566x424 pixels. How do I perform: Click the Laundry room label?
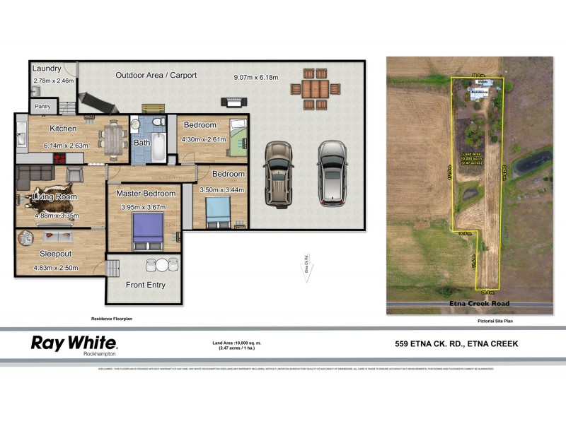click(47, 69)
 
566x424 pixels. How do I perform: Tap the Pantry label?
click(43, 107)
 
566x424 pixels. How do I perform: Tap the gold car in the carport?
click(278, 173)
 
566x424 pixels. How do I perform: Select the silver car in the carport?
click(331, 173)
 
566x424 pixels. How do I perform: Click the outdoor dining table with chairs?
click(315, 89)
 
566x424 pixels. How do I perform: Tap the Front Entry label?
click(146, 285)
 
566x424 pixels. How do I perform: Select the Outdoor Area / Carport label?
click(156, 75)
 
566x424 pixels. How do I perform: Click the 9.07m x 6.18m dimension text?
click(255, 77)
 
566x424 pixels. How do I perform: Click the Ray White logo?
click(74, 345)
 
